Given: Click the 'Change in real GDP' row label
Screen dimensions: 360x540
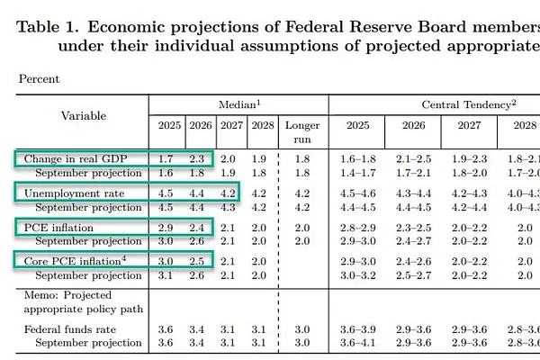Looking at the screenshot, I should coord(75,158).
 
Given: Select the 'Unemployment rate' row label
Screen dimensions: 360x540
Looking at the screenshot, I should coord(74,193).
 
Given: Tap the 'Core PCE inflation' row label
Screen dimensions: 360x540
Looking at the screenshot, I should coord(74,261).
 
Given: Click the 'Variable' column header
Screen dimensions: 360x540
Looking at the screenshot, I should coord(83,115).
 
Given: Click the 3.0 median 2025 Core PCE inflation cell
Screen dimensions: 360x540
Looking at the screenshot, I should coord(166,261).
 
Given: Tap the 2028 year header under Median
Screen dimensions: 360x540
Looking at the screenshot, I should coord(259,125).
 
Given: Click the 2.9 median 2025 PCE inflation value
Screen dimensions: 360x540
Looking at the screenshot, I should coord(166,228).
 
